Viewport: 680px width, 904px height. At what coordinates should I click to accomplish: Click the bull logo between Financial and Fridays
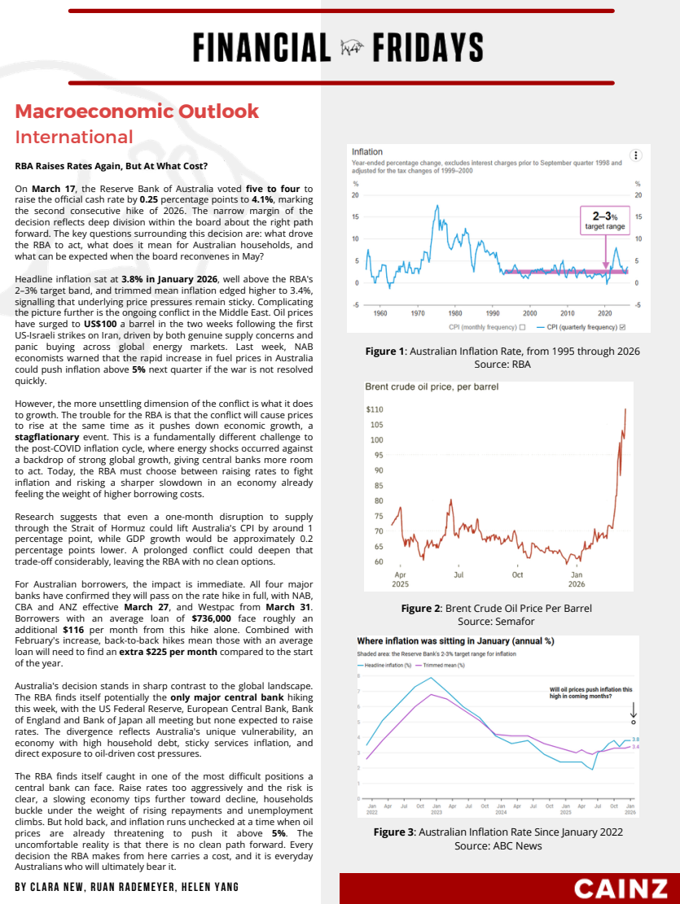(x=351, y=48)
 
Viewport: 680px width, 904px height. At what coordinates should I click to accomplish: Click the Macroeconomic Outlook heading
(x=137, y=111)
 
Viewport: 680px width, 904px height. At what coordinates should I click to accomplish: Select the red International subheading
(x=74, y=137)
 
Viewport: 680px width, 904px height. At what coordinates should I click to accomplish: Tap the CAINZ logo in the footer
(x=622, y=889)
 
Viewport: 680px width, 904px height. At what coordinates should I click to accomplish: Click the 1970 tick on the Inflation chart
(x=418, y=313)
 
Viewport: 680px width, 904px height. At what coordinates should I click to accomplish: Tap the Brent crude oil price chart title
(x=432, y=386)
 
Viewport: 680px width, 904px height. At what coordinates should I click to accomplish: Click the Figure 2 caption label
(x=421, y=608)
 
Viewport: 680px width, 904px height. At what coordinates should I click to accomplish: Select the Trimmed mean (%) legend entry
(x=441, y=666)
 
